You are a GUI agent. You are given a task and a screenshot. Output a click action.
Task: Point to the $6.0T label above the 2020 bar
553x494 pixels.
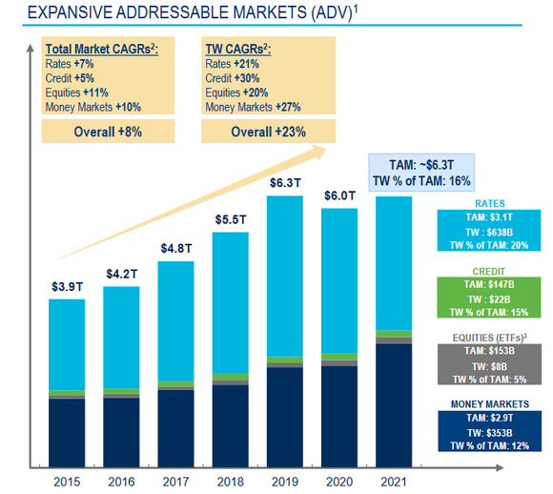tap(338, 195)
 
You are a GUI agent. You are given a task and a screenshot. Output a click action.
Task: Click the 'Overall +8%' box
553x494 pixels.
tap(108, 133)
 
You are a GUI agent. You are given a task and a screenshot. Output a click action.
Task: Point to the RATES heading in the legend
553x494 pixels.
tap(491, 202)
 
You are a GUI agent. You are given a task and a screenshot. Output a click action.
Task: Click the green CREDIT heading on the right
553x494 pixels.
tap(491, 271)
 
